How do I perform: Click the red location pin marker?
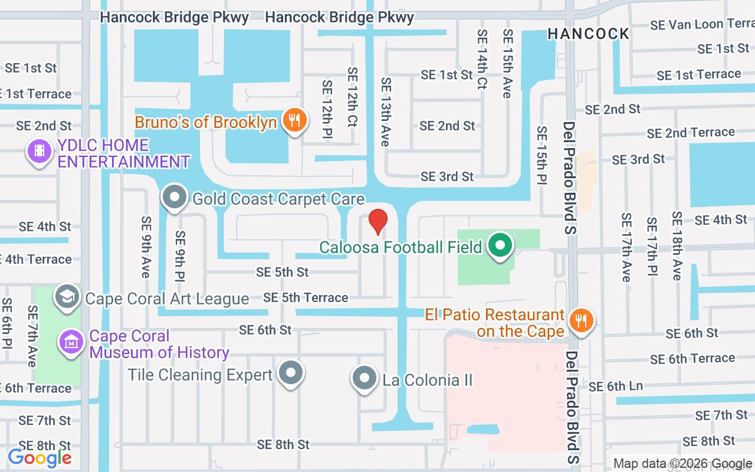tap(377, 221)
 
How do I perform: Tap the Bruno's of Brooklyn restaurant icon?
tap(294, 120)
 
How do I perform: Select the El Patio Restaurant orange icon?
tap(582, 320)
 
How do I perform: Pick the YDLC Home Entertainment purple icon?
tap(40, 151)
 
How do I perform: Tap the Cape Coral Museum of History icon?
tap(71, 342)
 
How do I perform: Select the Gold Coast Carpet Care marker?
tap(175, 197)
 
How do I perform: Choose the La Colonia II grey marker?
tap(364, 378)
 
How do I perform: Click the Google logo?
tap(40, 457)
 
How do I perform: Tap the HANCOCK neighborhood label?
tap(588, 34)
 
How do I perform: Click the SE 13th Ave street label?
tap(386, 112)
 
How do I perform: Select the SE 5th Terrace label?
tap(306, 297)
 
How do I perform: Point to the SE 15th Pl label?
tap(541, 155)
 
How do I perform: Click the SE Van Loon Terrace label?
tap(701, 25)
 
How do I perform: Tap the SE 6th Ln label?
tap(616, 386)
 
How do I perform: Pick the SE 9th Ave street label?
tap(146, 247)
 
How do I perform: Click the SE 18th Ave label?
tap(676, 245)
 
